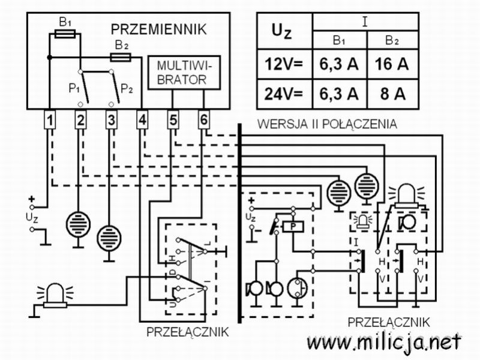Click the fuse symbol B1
(x=65, y=34)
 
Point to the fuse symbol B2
(x=121, y=57)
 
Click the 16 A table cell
(x=392, y=64)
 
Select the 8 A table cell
(x=392, y=94)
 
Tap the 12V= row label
(x=284, y=64)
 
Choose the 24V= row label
(x=284, y=94)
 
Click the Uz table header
(x=281, y=32)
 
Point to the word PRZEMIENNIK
(x=158, y=29)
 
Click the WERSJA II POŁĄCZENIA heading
(x=327, y=124)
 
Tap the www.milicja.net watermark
(x=384, y=342)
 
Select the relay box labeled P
(x=293, y=227)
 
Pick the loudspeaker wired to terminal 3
(x=109, y=238)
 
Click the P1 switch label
(x=74, y=89)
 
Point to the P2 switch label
(x=127, y=89)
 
